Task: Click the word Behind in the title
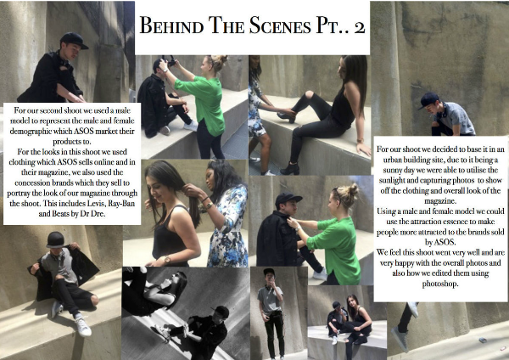pos(171,25)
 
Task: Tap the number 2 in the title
pos(360,27)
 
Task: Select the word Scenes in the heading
pos(280,25)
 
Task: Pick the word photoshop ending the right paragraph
pos(439,284)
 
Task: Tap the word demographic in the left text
pos(31,132)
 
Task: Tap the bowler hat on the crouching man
pos(55,239)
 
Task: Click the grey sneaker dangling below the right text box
pos(400,339)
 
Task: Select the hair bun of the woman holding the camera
pos(220,61)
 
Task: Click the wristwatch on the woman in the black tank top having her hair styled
pos(167,259)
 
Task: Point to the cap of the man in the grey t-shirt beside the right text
pos(428,99)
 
